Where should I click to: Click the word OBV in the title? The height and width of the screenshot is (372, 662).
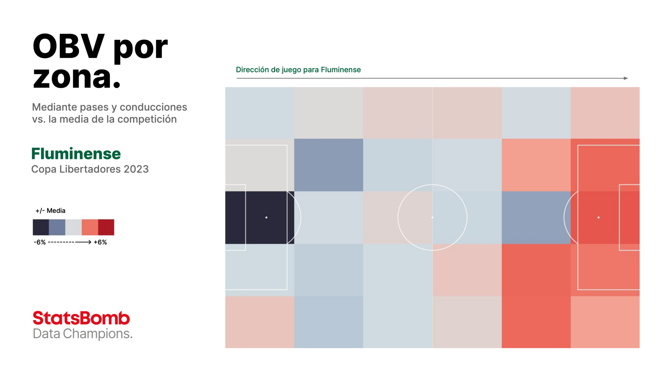(x=68, y=46)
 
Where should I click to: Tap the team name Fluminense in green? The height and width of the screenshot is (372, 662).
(x=76, y=154)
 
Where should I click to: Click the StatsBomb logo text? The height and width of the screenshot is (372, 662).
(x=81, y=318)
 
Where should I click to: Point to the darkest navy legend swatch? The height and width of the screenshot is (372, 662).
(x=41, y=227)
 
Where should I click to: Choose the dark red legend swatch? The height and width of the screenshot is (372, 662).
(x=106, y=227)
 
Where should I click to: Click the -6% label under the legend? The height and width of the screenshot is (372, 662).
(x=40, y=242)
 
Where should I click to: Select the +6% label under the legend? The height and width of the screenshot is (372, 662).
(x=100, y=242)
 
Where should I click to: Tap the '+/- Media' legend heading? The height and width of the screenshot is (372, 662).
(x=50, y=210)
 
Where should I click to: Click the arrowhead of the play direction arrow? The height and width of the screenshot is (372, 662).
(x=626, y=78)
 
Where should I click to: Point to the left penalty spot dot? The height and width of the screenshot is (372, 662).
(x=266, y=217)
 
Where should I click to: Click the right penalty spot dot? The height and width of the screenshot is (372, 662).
(x=599, y=217)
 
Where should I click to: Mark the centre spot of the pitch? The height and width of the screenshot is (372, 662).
(x=432, y=217)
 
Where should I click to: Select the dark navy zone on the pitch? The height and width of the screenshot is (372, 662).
(x=260, y=218)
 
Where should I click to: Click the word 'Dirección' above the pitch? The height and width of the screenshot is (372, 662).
(x=252, y=70)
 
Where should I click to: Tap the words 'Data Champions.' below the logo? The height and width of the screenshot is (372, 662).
(x=83, y=334)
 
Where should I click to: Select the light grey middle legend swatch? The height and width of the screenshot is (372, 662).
(x=73, y=227)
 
